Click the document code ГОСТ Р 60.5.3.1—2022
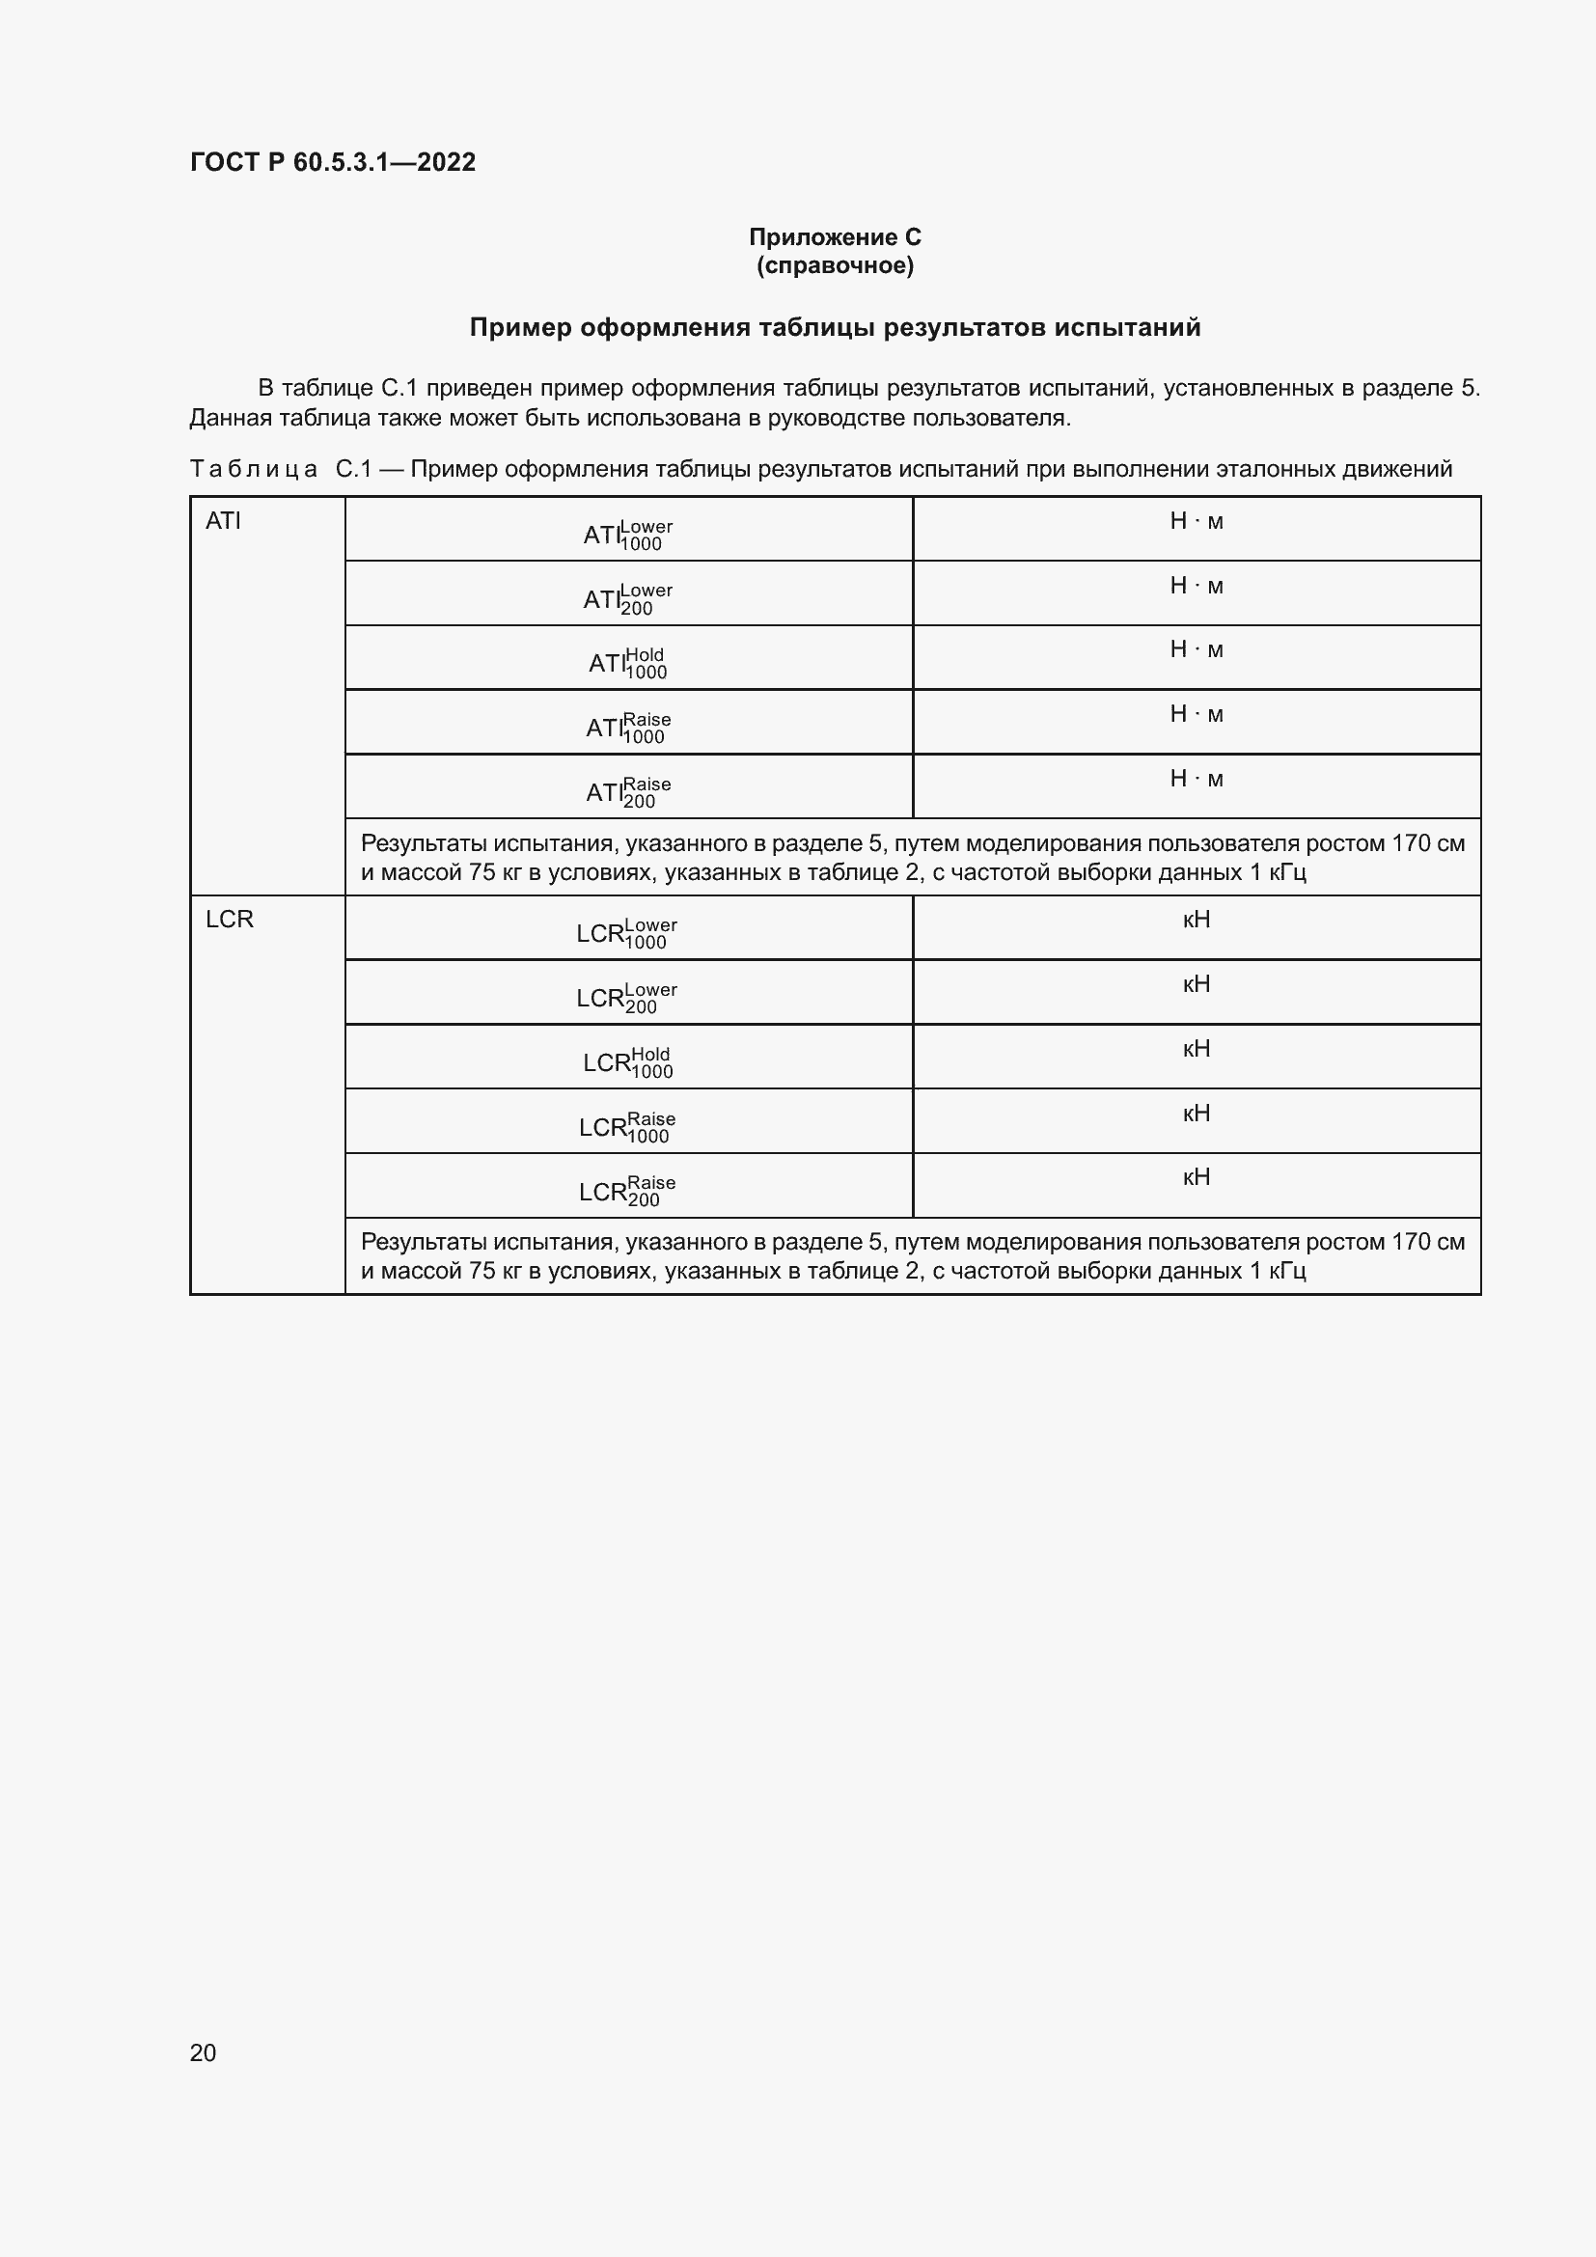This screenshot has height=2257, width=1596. (x=332, y=162)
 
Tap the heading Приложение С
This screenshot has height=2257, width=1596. (x=835, y=237)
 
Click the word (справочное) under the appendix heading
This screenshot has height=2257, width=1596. (x=835, y=265)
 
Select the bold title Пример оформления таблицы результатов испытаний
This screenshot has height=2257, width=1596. (x=835, y=327)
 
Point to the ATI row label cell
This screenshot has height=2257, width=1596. (x=223, y=521)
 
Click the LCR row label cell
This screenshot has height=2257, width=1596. (x=229, y=920)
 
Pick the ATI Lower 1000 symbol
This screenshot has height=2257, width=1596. (x=628, y=535)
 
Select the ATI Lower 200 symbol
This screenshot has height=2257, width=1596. (x=628, y=598)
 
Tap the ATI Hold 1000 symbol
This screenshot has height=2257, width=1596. (x=628, y=664)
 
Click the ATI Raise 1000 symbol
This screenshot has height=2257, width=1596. (x=628, y=728)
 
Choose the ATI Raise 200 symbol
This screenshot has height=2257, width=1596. (x=628, y=792)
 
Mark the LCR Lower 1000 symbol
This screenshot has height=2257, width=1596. (x=627, y=933)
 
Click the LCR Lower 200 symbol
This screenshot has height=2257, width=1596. (x=627, y=998)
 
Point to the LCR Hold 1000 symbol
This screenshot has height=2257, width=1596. (x=628, y=1062)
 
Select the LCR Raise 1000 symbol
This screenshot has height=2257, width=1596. (x=627, y=1126)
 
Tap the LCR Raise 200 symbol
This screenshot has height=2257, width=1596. (x=627, y=1192)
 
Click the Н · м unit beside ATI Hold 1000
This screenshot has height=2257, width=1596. (x=1196, y=649)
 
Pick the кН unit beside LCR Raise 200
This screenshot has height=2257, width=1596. (x=1196, y=1177)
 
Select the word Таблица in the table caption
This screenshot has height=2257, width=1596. (x=253, y=469)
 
